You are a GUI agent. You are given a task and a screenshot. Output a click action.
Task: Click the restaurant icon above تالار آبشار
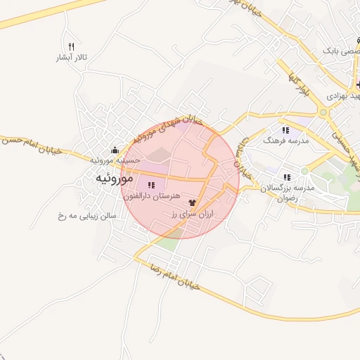[71, 46]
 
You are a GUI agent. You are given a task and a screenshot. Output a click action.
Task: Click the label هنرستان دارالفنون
[152, 196]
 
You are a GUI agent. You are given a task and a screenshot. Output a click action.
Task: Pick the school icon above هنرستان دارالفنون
[151, 185]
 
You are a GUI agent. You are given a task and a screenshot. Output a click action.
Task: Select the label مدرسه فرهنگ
[285, 141]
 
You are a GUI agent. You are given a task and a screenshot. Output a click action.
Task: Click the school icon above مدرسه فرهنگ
[285, 130]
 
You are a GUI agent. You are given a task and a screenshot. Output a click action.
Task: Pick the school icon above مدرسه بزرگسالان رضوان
[286, 177]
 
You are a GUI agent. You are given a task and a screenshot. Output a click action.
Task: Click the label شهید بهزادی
[344, 95]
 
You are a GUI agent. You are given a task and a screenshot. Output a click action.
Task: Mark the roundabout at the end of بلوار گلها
[323, 111]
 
